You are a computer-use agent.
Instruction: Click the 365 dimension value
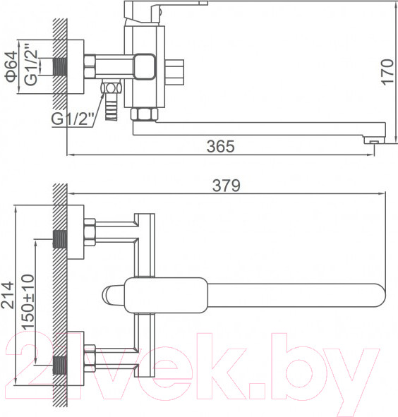point(221,146)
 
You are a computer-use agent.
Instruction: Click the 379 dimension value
point(226,185)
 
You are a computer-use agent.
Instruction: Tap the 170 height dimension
point(387,73)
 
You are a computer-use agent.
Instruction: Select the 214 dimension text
point(7,295)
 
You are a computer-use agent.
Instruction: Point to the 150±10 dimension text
point(28,302)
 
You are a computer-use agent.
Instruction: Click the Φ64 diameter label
point(11,67)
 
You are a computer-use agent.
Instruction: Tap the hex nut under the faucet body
point(144,114)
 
